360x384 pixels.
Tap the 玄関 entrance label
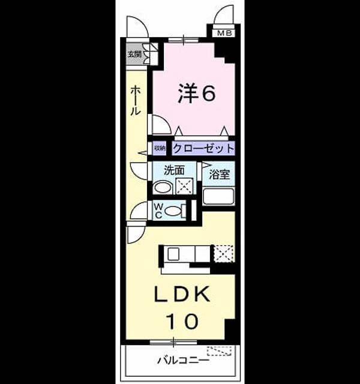coord(134,54)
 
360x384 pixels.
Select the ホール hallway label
coord(135,101)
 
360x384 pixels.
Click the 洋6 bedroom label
coord(197,94)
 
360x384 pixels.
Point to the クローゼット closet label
coord(203,148)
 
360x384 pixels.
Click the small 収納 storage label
coord(160,148)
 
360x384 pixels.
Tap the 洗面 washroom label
coord(174,170)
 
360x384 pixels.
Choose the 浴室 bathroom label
coord(219,174)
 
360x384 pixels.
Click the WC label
coord(158,211)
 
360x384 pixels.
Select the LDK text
coord(182,294)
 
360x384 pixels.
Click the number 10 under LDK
coord(182,321)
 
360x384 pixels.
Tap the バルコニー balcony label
coord(184,360)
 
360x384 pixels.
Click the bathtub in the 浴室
coord(218,196)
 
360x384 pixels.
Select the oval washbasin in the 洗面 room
coord(163,188)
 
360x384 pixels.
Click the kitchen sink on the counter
coord(173,253)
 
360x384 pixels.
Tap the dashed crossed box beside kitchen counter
coord(223,254)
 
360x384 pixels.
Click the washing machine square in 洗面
coord(184,187)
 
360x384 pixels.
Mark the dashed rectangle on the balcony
coord(220,350)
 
